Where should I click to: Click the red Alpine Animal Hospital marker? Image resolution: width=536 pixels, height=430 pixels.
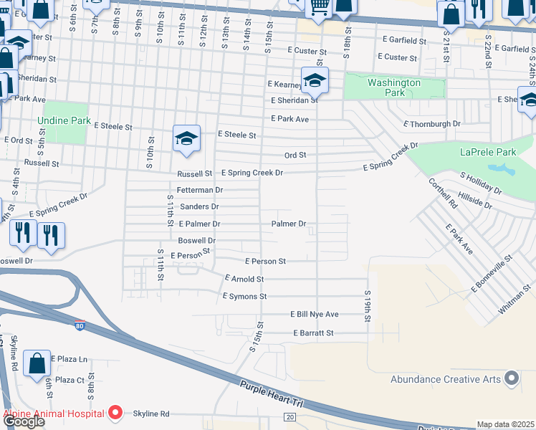point(115,414)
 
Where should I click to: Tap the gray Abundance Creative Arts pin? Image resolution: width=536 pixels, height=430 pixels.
point(511,377)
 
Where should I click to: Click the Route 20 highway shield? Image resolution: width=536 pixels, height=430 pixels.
point(289,416)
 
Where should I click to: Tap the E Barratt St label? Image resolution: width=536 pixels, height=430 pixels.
point(313,333)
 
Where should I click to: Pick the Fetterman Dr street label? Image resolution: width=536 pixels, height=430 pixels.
point(200,190)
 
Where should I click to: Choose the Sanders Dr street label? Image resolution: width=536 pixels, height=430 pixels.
point(198,206)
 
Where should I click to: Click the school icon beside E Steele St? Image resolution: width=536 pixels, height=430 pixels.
point(186,138)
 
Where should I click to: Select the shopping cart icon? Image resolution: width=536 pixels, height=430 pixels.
point(320,7)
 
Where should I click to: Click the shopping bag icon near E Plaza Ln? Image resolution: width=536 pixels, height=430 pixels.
point(37,362)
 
